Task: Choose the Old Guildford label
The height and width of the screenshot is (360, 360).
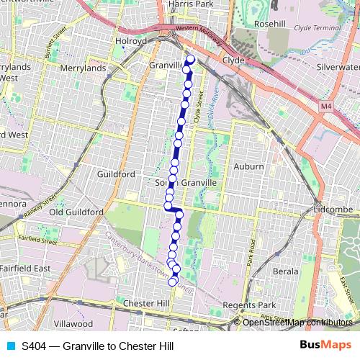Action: pos(77,212)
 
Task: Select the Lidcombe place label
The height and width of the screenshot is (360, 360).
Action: pos(333,210)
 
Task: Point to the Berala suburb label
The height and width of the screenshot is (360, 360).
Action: pos(285,271)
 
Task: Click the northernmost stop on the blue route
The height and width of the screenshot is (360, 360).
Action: pos(191,60)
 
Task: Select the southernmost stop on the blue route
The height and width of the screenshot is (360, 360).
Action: pos(173,282)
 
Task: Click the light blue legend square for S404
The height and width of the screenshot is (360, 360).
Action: pos(11,346)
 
